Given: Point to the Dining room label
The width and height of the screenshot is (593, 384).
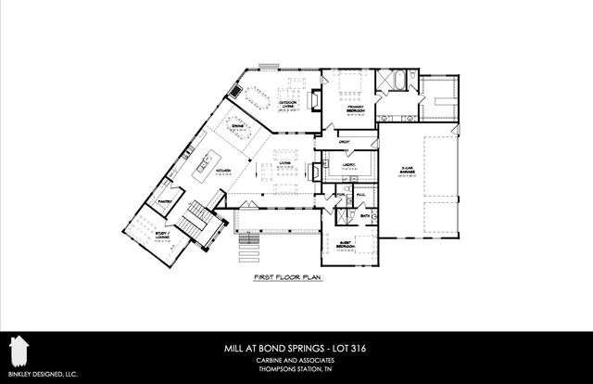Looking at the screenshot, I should tap(237, 126).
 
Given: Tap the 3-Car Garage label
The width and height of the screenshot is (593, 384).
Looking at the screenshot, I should tap(405, 173).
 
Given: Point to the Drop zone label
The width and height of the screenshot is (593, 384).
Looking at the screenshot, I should tap(344, 141).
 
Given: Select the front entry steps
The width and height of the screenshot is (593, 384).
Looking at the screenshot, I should tap(247, 248).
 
